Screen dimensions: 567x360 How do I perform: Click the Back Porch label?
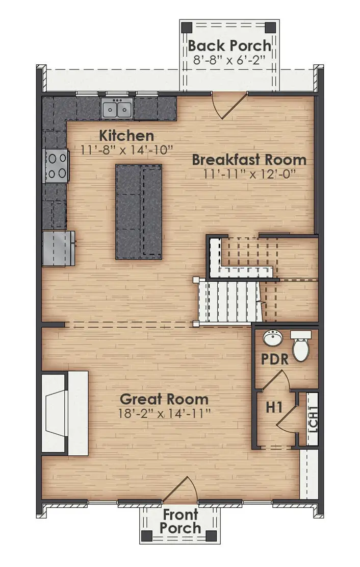tap(229, 45)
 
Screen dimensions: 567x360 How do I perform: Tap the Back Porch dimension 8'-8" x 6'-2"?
tap(229, 59)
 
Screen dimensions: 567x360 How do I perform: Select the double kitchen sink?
tap(117, 109)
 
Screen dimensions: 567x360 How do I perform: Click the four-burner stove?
tap(56, 166)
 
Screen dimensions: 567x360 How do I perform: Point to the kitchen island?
tap(139, 211)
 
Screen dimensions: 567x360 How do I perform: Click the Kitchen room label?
tap(126, 136)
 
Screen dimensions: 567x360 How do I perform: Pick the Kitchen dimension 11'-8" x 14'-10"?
tap(127, 150)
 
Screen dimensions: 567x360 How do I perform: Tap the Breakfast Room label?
tap(249, 159)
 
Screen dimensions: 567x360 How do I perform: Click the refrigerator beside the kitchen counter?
tap(58, 248)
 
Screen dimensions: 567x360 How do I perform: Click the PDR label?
tap(275, 359)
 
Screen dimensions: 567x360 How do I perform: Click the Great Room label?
tap(164, 399)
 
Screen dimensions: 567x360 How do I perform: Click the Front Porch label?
tap(181, 522)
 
